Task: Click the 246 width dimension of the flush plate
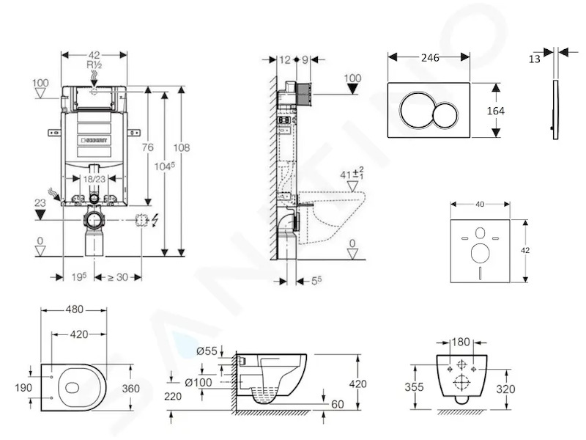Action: point(430,58)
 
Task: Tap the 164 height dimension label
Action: point(496,111)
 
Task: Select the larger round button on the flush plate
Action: point(416,111)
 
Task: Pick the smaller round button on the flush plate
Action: point(445,116)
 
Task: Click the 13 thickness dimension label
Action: point(535,59)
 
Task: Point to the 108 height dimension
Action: point(181,147)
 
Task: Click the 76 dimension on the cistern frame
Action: point(148,147)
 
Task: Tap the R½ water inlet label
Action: point(94,65)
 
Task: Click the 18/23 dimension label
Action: point(94,179)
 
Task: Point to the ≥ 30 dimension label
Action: point(118,277)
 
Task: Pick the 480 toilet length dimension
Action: point(75,309)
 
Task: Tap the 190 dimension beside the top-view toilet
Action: point(23,388)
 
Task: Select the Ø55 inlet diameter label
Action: point(207,351)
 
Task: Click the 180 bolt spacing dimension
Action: point(461,342)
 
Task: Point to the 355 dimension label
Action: point(414,386)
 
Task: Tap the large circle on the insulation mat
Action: point(481,253)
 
